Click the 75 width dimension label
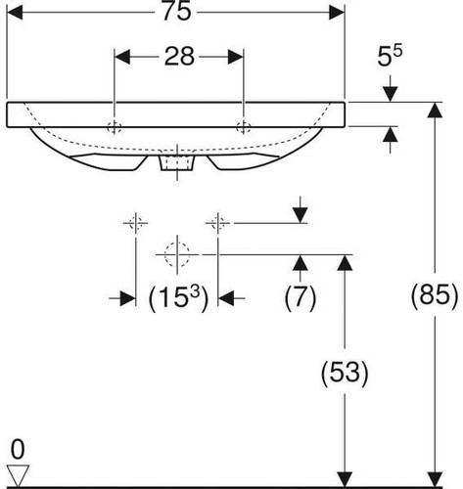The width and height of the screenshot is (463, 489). tap(176, 12)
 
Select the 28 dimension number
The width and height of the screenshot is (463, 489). tap(179, 57)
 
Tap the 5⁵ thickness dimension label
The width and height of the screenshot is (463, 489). tap(390, 56)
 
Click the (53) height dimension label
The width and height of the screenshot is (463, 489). tap(345, 374)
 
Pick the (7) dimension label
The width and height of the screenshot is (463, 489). tap(301, 297)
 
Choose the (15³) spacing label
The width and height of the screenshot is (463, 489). tap(178, 297)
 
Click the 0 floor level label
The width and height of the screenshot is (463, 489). tap(18, 450)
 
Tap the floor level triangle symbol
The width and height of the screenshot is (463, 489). tap(18, 475)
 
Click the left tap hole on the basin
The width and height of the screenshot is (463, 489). tap(115, 127)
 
